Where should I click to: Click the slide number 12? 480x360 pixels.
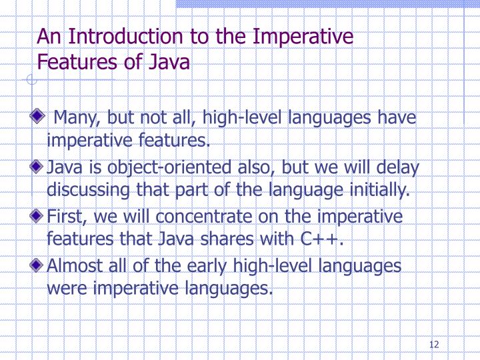[435, 345]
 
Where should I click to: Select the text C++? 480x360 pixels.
[321, 239]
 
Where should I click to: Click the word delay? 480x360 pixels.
[398, 167]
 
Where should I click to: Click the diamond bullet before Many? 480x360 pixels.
[43, 117]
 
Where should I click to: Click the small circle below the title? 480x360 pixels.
[31, 81]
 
